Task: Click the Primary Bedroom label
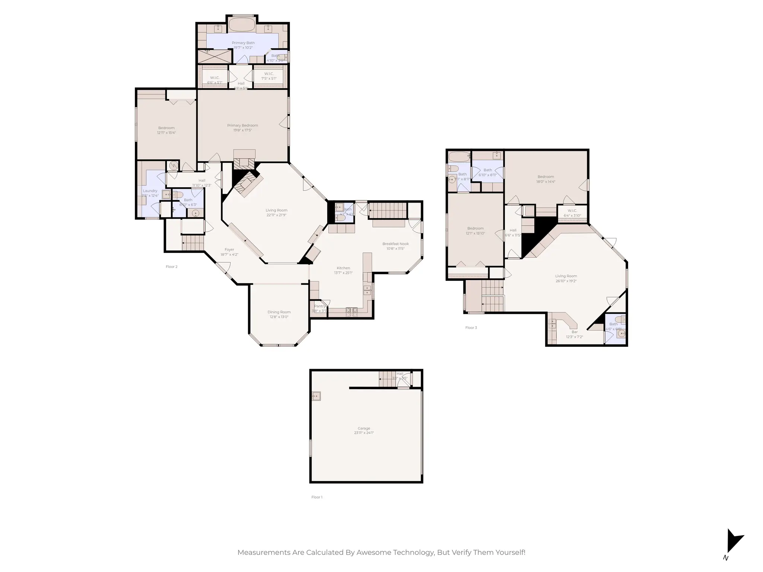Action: click(243, 125)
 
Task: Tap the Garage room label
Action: click(364, 428)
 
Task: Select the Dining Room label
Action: click(279, 312)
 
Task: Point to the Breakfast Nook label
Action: click(395, 244)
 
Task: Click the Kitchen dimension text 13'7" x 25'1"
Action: click(343, 273)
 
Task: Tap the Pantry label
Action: click(319, 306)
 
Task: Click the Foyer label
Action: click(229, 250)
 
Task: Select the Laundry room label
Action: click(150, 191)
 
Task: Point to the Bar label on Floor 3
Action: click(574, 332)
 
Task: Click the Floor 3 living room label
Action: click(566, 276)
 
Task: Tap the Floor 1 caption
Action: click(317, 497)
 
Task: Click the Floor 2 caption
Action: click(171, 267)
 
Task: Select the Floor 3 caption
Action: click(471, 328)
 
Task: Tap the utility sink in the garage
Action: click(316, 396)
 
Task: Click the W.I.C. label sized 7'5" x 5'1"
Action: click(269, 74)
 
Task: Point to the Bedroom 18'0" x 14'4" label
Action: click(545, 177)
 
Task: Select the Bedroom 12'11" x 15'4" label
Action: click(166, 128)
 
